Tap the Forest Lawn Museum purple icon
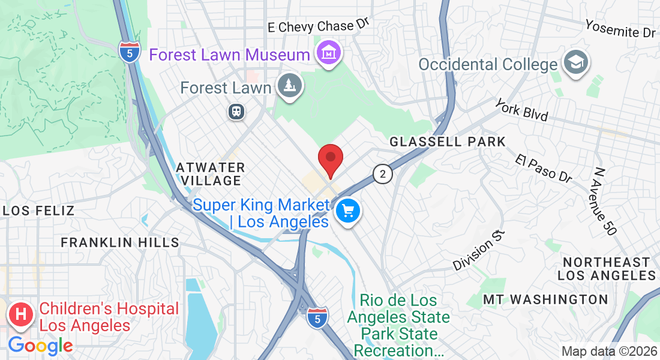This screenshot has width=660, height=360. click(329, 53)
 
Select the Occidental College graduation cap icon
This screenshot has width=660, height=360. click(576, 64)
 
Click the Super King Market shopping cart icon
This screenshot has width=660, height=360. click(347, 211)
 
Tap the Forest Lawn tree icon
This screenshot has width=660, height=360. click(290, 86)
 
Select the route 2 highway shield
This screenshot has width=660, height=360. click(382, 174)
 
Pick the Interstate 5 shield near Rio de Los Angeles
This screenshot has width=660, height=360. click(317, 318)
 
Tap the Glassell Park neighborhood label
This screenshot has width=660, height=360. click(448, 142)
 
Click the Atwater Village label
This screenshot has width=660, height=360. click(211, 174)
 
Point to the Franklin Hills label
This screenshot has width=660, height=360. click(120, 242)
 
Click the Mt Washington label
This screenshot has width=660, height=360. click(545, 299)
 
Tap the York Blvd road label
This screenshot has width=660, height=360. click(521, 110)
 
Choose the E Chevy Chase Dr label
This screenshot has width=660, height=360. click(317, 26)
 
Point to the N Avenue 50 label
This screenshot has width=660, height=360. click(604, 201)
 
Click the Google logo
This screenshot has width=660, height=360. click(40, 346)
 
